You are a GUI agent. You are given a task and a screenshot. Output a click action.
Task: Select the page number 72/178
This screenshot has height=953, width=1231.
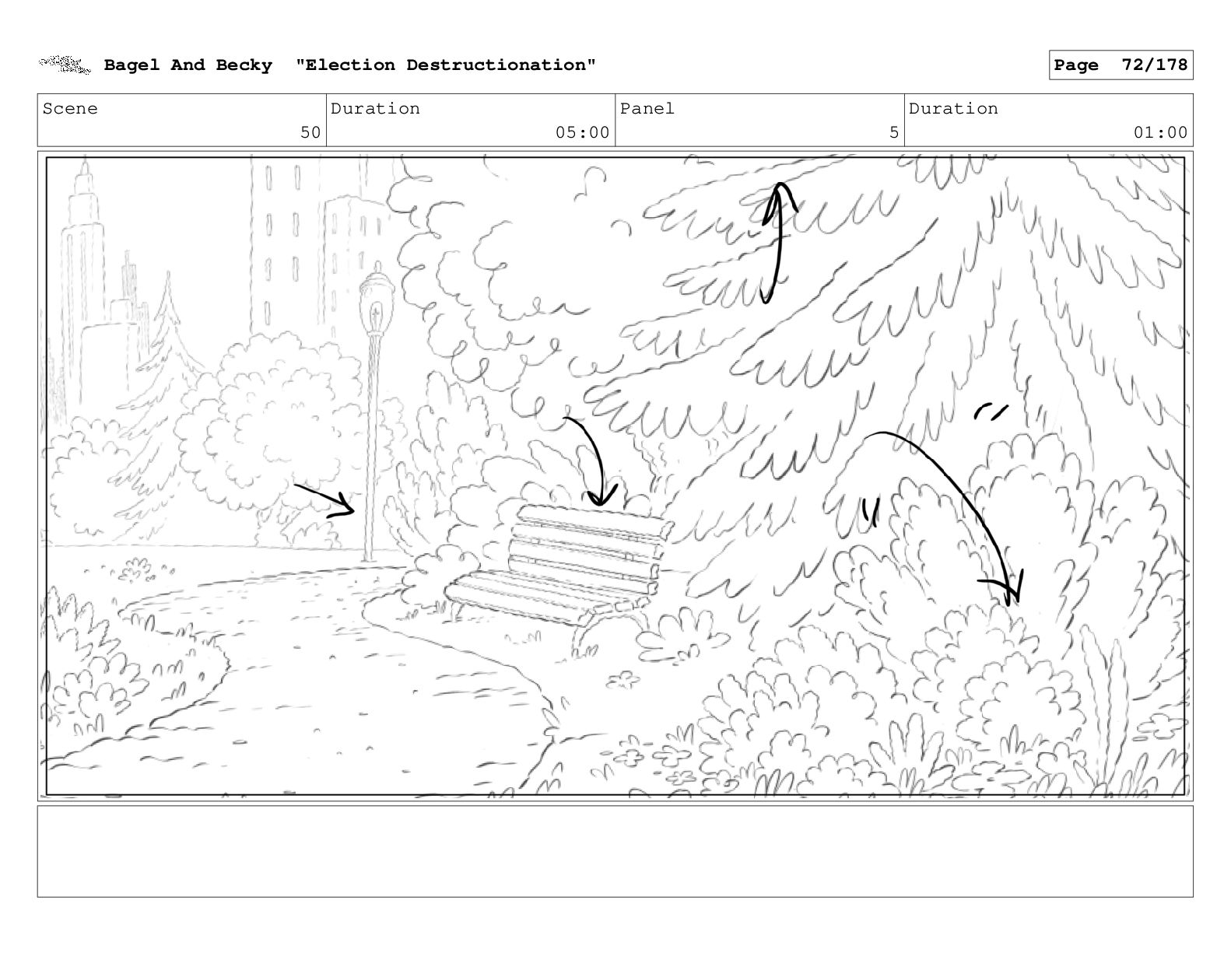pos(1154,65)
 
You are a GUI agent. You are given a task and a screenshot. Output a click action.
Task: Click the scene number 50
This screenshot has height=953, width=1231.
pos(310,132)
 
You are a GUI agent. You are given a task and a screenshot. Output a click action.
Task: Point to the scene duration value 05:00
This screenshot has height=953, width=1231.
pos(582,132)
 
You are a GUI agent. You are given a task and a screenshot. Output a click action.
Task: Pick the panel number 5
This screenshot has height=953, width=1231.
pos(894,132)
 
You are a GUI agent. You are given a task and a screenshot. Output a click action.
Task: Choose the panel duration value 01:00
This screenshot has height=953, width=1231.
pos(1160,132)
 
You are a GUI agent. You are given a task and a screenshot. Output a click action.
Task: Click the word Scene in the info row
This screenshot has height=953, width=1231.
pos(70,108)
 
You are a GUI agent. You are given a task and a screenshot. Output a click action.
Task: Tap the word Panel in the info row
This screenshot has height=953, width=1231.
pos(647,108)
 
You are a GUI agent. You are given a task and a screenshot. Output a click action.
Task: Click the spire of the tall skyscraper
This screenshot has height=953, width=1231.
pos(85,173)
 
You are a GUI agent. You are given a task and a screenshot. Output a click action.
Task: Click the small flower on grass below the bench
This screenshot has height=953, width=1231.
pos(623,679)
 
